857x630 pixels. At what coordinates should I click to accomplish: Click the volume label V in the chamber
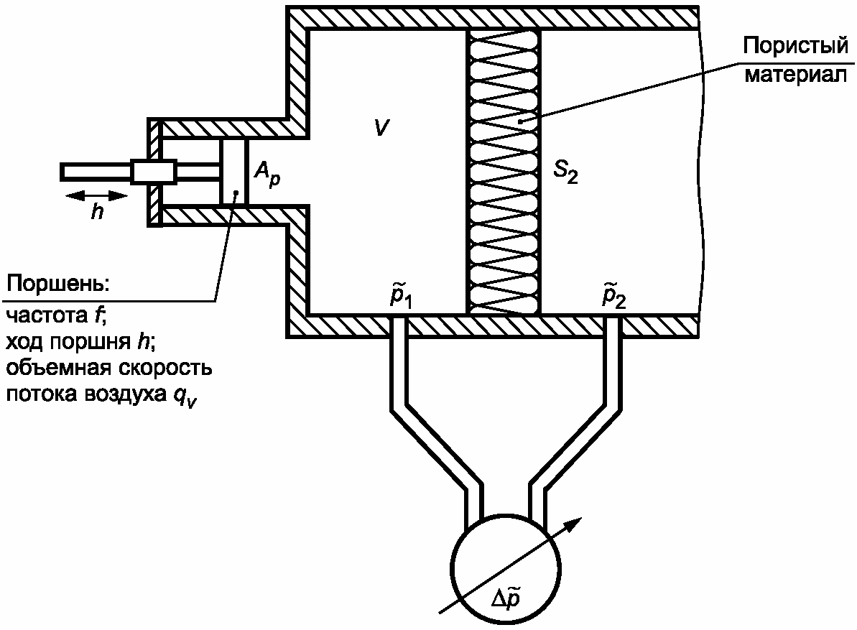(x=381, y=127)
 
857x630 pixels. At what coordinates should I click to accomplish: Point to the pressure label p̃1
(x=400, y=297)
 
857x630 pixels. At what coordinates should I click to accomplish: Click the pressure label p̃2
(x=613, y=297)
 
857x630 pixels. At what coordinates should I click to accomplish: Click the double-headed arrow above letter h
(x=96, y=195)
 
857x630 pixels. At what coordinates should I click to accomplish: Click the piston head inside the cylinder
(x=233, y=173)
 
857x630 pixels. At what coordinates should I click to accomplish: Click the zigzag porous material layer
(x=504, y=172)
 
